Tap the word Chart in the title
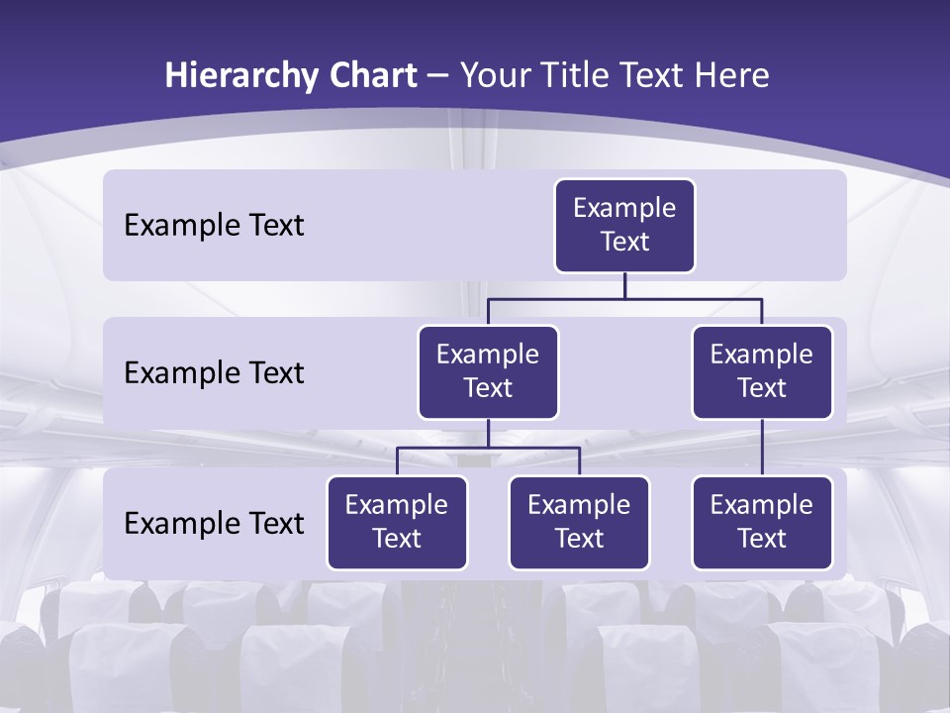368,76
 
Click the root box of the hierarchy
624,226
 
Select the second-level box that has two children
488,372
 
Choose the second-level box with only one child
762,372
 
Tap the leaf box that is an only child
762,523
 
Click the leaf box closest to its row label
397,523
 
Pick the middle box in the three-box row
579,523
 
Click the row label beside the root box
214,226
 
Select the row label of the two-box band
214,373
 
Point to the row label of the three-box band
214,523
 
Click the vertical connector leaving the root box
624,285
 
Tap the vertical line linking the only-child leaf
762,448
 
